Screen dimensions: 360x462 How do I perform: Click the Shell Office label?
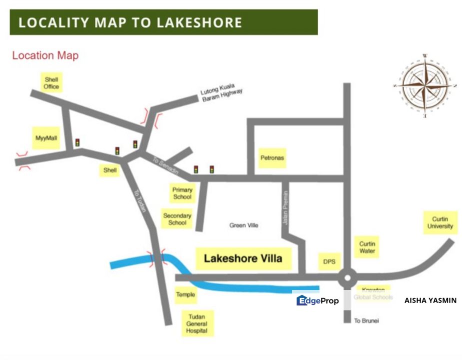coord(51,83)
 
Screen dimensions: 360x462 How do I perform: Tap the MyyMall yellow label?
coord(46,137)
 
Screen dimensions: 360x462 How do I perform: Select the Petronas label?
coord(272,158)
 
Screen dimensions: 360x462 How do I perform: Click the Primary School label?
coord(182,193)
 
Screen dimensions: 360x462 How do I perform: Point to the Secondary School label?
coord(177,219)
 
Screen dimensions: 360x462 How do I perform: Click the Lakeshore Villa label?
coord(243,258)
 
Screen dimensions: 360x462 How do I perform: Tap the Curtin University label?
coord(440,222)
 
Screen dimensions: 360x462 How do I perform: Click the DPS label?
coord(329,261)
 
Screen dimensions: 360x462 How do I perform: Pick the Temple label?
coord(185,295)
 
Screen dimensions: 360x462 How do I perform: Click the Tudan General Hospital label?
coord(196,323)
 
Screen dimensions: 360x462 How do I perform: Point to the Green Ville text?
coord(244,225)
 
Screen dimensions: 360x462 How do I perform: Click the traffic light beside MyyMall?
coord(77,143)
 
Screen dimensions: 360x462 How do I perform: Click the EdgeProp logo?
coord(318,300)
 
